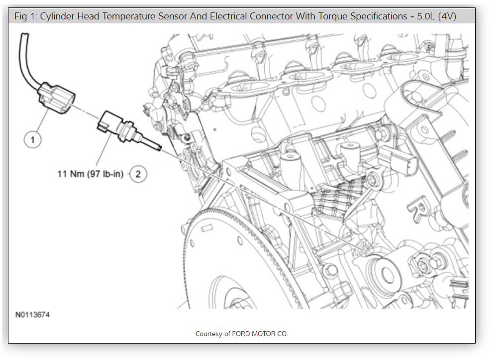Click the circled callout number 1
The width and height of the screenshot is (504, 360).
33,140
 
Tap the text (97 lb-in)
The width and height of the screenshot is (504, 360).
104,174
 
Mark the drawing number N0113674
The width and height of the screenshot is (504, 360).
32,315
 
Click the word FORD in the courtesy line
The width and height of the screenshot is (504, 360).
241,334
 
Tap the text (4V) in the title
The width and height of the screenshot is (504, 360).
447,16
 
